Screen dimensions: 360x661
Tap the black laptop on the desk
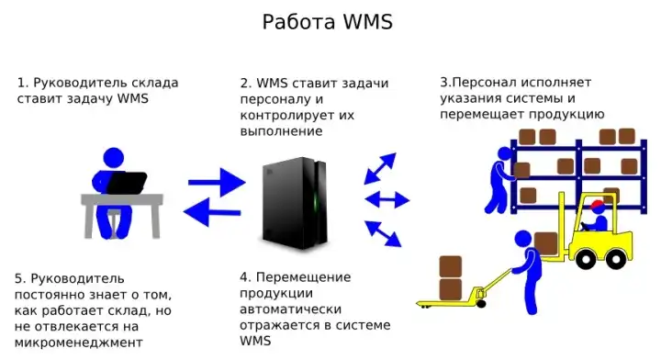pyautogui.click(x=127, y=183)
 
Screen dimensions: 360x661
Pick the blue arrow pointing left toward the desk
pyautogui.click(x=212, y=213)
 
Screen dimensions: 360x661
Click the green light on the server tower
pyautogui.click(x=319, y=197)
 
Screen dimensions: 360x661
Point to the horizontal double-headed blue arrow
pyautogui.click(x=387, y=199)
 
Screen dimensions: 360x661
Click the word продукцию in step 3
pyautogui.click(x=567, y=115)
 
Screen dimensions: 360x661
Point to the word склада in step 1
pyautogui.click(x=153, y=83)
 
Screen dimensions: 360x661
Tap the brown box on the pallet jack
pyautogui.click(x=450, y=278)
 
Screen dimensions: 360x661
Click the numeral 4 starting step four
pyautogui.click(x=243, y=276)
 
